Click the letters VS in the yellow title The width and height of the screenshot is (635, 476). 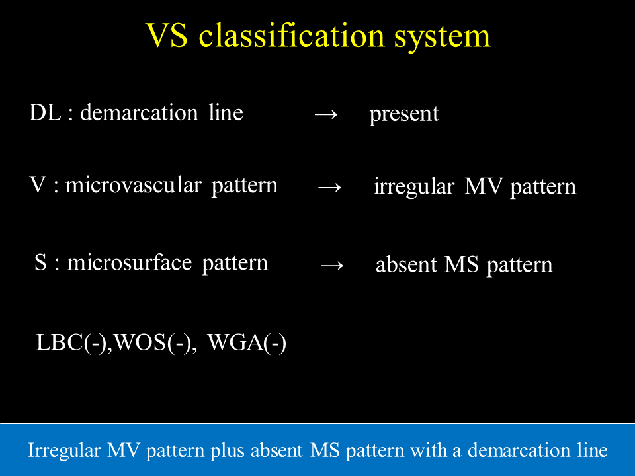(167, 36)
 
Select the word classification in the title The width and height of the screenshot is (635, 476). (291, 35)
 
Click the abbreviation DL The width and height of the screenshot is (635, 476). (45, 112)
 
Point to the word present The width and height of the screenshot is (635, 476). (403, 114)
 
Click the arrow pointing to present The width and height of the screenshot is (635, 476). (326, 114)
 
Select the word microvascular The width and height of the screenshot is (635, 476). (133, 185)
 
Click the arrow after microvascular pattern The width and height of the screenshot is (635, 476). (329, 187)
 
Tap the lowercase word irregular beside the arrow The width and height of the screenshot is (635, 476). (413, 186)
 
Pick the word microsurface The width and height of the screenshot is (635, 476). (129, 262)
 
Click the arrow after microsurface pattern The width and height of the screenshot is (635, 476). (331, 266)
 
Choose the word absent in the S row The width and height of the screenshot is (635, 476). (406, 264)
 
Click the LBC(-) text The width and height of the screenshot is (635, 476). (71, 342)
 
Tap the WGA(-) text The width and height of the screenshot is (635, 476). (247, 342)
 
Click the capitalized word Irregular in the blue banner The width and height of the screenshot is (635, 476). (64, 451)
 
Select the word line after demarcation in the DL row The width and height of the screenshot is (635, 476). (226, 112)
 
